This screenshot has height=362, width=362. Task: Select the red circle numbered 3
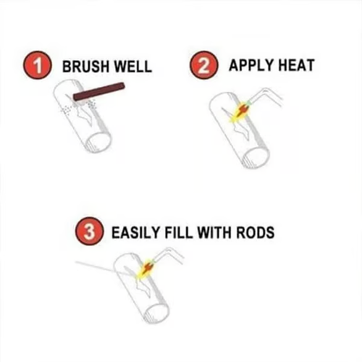tap(85, 234)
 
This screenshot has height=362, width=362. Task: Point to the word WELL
tap(132, 67)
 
